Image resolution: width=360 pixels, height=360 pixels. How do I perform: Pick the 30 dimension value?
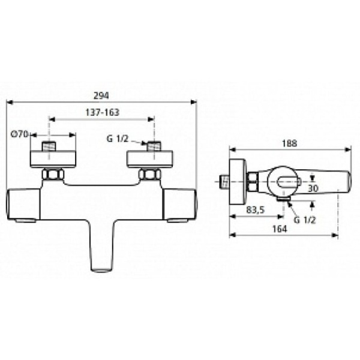[313, 188]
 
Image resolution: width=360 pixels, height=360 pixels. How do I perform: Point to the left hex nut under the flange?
[53, 176]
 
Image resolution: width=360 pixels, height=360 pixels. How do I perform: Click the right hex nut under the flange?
[149, 176]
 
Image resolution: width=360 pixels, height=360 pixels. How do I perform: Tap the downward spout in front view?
[102, 246]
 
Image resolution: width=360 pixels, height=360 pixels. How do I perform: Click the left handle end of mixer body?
[23, 204]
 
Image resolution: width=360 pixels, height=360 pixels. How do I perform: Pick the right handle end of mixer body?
[180, 204]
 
